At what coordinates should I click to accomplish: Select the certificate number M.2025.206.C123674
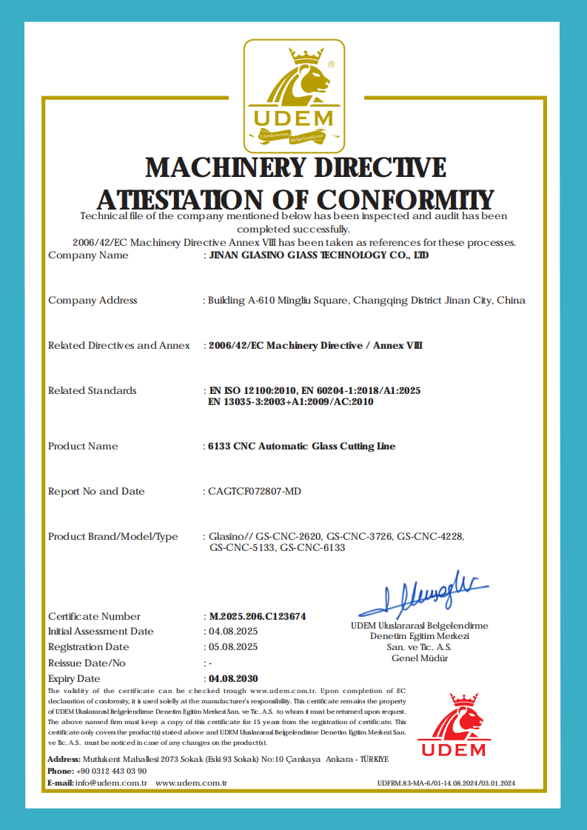pos(258,616)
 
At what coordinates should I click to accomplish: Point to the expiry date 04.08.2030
pos(233,678)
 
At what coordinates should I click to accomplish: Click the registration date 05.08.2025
pos(233,647)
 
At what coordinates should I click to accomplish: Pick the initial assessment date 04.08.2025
pos(233,632)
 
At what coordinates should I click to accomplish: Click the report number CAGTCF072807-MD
pos(255,492)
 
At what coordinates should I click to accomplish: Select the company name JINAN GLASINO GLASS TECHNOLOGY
pos(318,255)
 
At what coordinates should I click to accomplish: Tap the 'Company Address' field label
pos(93,301)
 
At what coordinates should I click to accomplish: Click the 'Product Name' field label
pos(83,446)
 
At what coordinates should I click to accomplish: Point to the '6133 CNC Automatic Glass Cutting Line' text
pos(301,446)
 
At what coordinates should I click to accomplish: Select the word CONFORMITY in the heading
pos(406,200)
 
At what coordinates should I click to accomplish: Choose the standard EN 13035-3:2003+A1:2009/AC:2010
pos(292,402)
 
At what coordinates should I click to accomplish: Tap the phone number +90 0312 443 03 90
pos(112,771)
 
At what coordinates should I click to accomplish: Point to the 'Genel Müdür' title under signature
pos(419,658)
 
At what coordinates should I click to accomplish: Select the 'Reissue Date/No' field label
pos(87,663)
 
